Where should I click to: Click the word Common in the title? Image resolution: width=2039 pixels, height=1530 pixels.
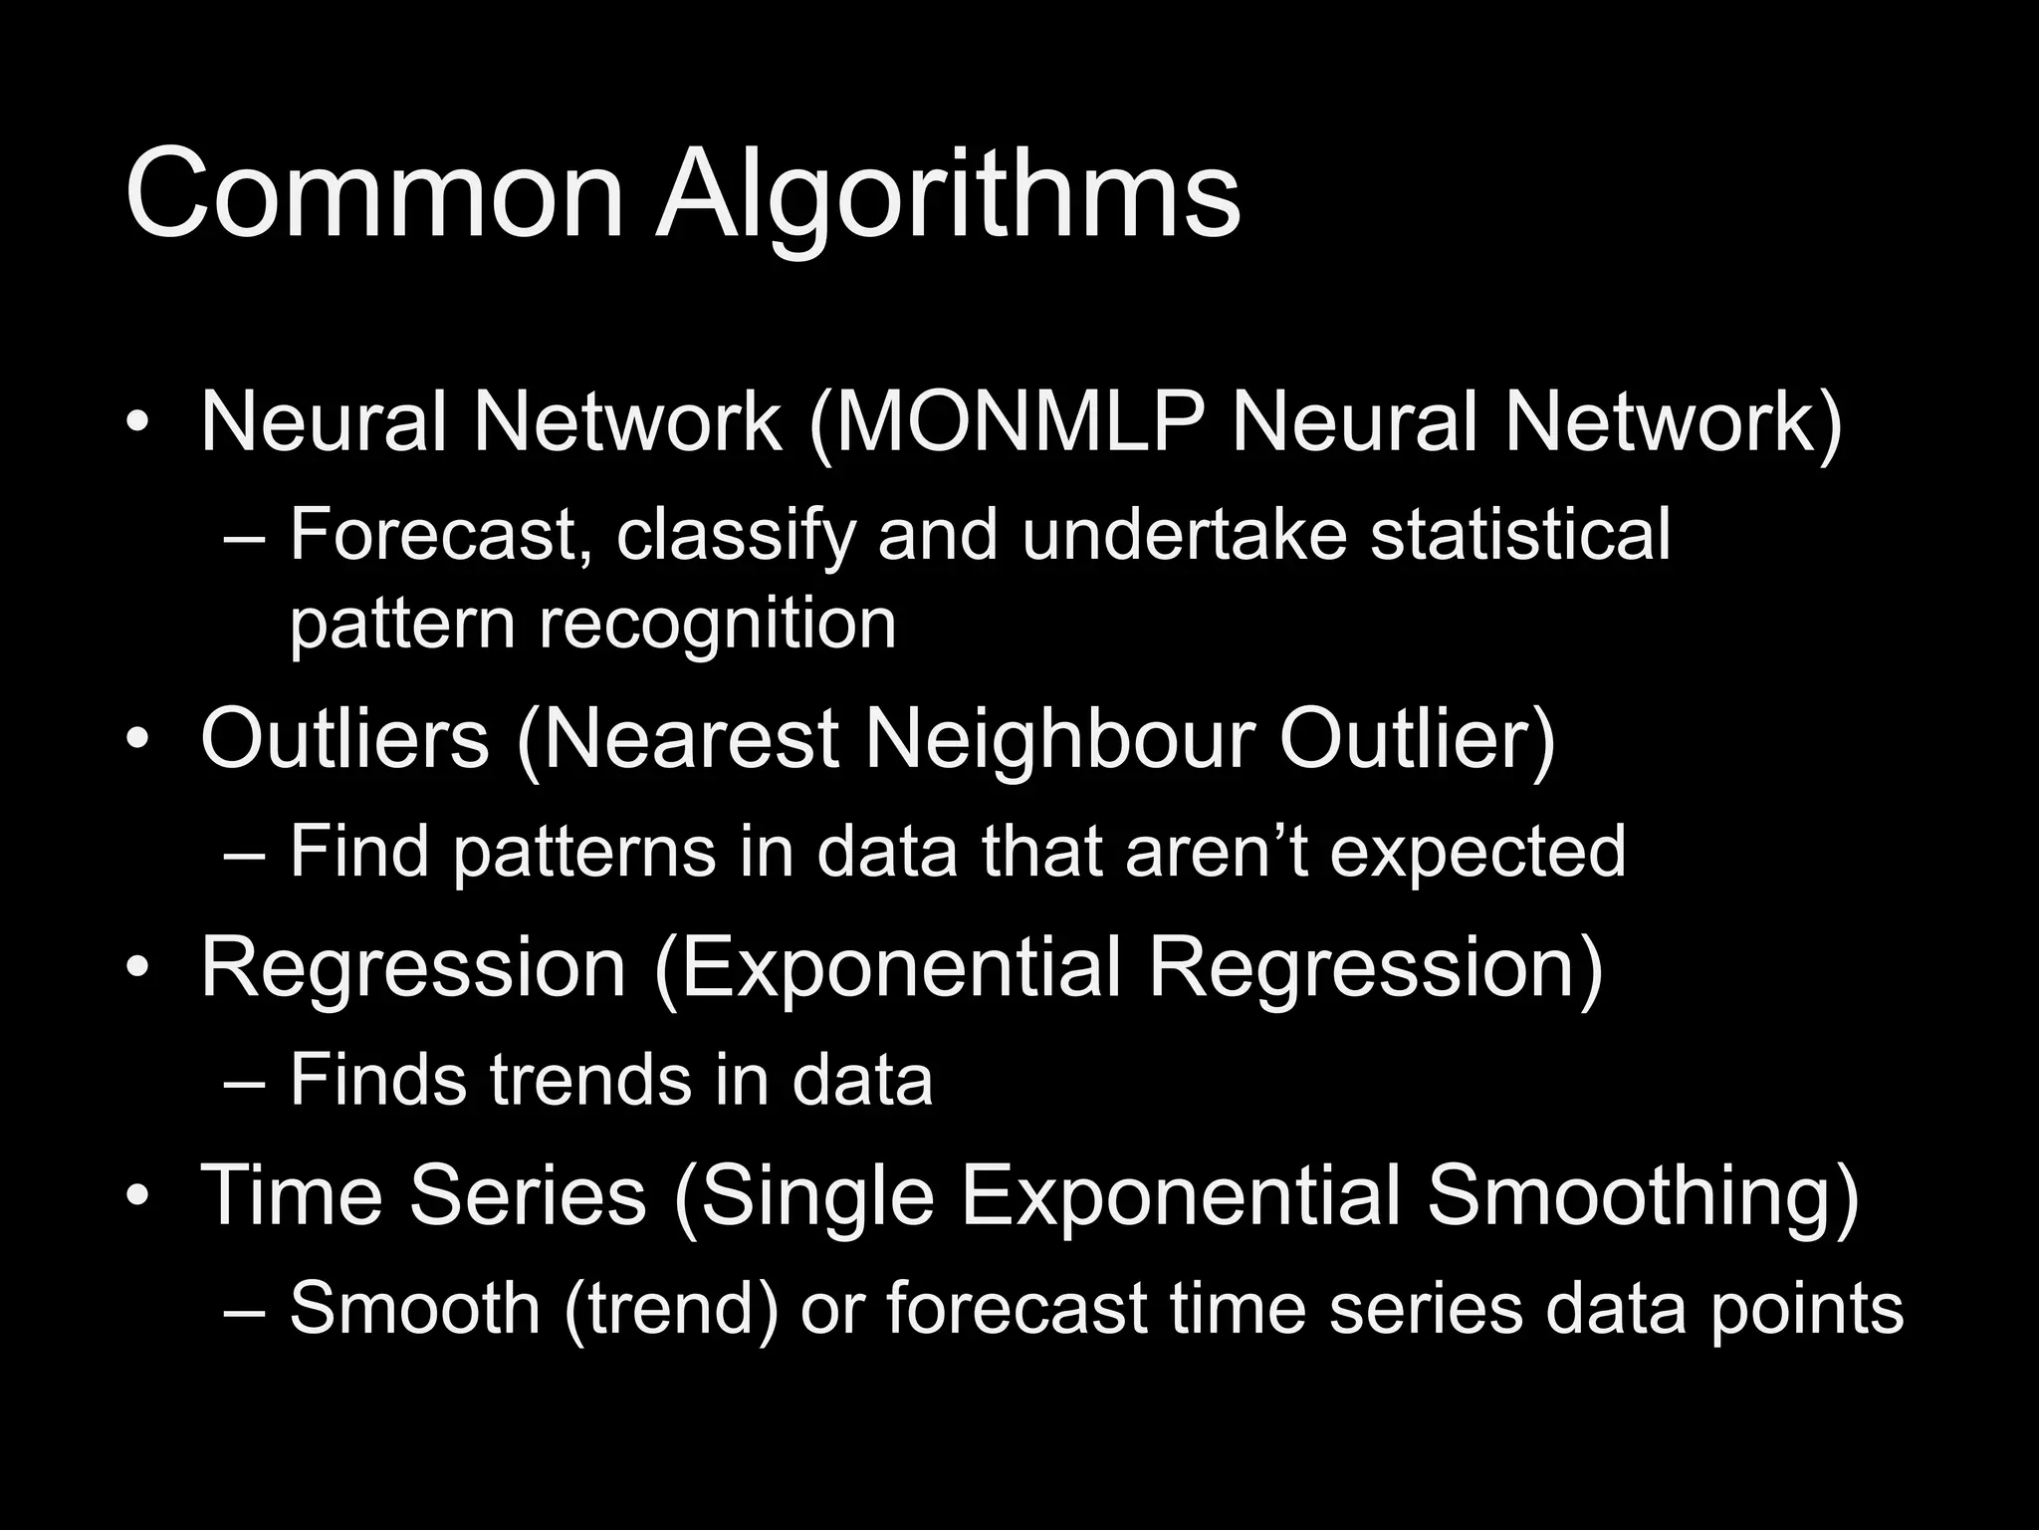(x=373, y=194)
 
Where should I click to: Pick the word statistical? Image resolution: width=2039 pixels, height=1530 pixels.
(x=1520, y=535)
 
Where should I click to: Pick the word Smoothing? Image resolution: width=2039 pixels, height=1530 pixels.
(x=1642, y=1198)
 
